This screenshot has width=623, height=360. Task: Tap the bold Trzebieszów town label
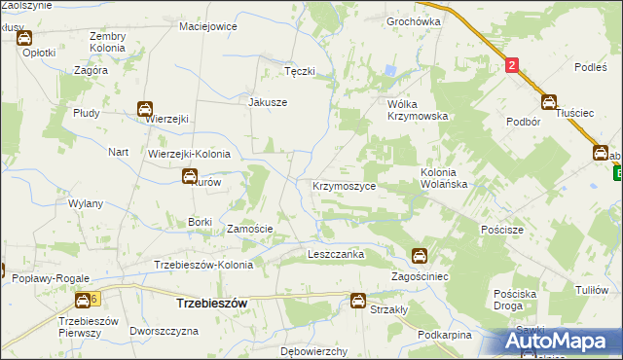[x=210, y=303]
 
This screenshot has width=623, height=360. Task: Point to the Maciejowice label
[x=208, y=26]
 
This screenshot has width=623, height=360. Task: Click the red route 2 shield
[x=512, y=65]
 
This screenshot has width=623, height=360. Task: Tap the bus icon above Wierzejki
[x=145, y=110]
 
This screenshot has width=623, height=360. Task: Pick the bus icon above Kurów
[x=190, y=176]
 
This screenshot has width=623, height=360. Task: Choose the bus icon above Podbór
[x=548, y=101]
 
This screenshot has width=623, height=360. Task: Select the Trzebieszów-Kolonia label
[x=204, y=265]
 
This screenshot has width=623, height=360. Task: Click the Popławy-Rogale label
[x=47, y=278]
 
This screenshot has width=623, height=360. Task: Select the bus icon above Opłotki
[x=23, y=38]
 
